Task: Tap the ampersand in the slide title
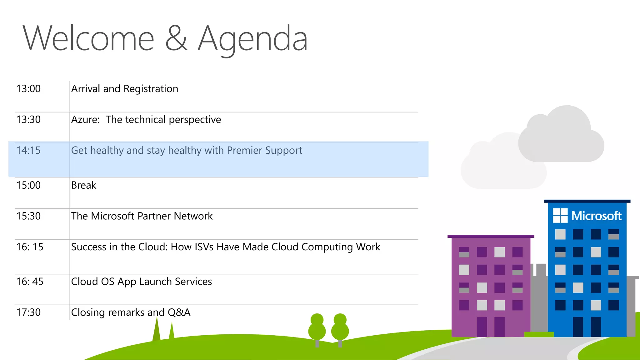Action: click(176, 38)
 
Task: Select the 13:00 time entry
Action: click(28, 89)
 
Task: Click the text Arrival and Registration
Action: click(125, 89)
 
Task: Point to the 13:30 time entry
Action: click(28, 120)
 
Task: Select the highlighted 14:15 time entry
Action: click(28, 151)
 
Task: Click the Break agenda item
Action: click(84, 185)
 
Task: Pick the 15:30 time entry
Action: click(28, 216)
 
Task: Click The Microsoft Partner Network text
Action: click(142, 216)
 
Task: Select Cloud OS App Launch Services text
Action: click(142, 282)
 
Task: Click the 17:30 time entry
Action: click(28, 312)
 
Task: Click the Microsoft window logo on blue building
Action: click(560, 216)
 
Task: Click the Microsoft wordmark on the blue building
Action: click(596, 216)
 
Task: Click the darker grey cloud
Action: click(561, 137)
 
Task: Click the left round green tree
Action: click(317, 328)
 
